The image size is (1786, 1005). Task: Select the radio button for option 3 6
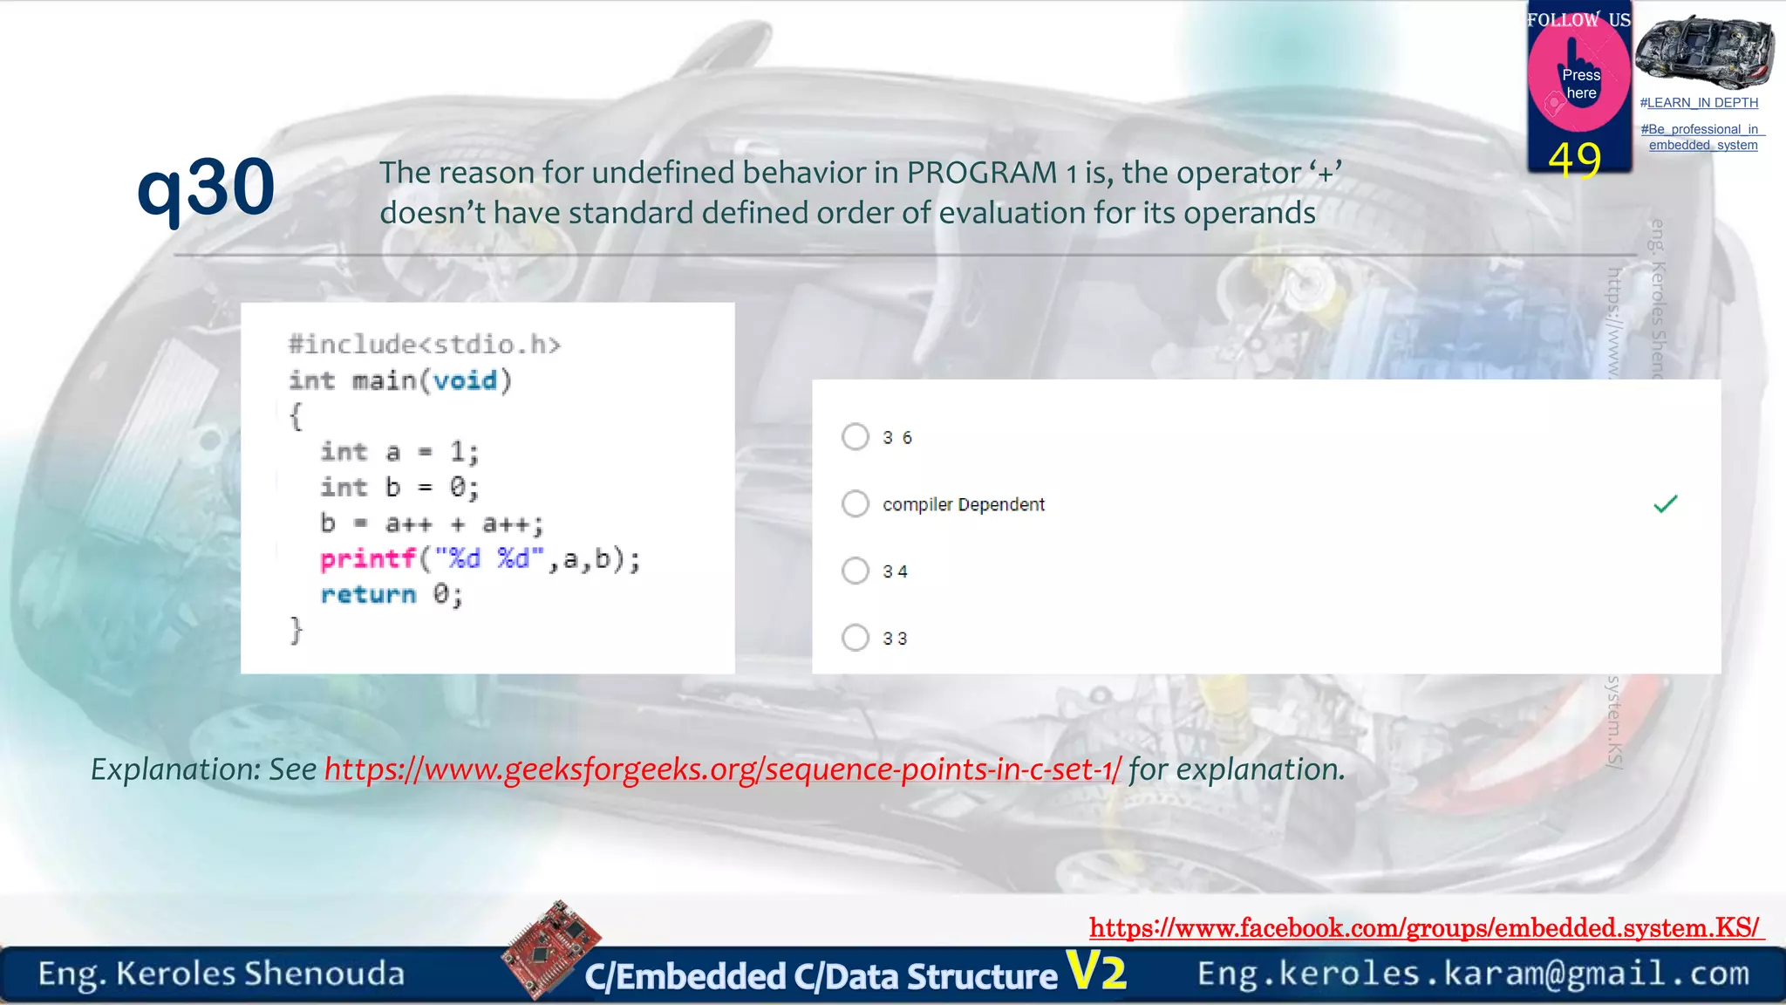point(856,436)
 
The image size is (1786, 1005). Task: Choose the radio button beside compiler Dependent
point(856,503)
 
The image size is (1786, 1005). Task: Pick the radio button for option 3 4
point(856,571)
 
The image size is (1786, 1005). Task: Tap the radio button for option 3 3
point(856,638)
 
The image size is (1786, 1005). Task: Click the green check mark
point(1665,504)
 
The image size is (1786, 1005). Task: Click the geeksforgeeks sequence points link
point(722,769)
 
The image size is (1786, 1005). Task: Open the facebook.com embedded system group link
point(1424,927)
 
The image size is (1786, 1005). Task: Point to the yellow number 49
point(1575,160)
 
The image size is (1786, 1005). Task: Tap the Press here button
point(1580,84)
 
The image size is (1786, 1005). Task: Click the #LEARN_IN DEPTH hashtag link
point(1699,103)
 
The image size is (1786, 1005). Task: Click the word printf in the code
point(367,558)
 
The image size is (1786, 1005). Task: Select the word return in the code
point(368,595)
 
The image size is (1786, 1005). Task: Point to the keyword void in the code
point(465,380)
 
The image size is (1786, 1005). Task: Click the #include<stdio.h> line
point(425,345)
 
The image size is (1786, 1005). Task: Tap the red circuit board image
point(551,948)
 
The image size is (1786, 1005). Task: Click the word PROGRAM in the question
point(982,173)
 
